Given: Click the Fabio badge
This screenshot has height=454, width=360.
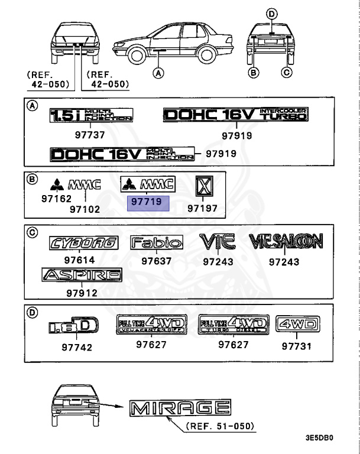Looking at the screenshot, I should [x=157, y=242].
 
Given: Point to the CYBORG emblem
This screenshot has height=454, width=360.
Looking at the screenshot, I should [x=83, y=243].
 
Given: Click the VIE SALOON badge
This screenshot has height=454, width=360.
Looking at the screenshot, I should [x=286, y=241].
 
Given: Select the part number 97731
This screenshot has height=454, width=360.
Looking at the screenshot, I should [x=296, y=346].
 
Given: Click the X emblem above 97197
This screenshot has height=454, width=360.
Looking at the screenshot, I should [x=203, y=187].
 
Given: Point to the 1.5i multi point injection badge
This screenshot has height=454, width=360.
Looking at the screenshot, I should [x=91, y=115].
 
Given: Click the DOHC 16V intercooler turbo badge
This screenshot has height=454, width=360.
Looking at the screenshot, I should [x=236, y=114].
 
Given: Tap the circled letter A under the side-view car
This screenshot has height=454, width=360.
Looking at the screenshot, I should [x=157, y=73].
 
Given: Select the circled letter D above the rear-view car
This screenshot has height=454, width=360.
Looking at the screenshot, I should [x=271, y=14].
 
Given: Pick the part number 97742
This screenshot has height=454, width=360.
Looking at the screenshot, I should [x=77, y=347].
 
